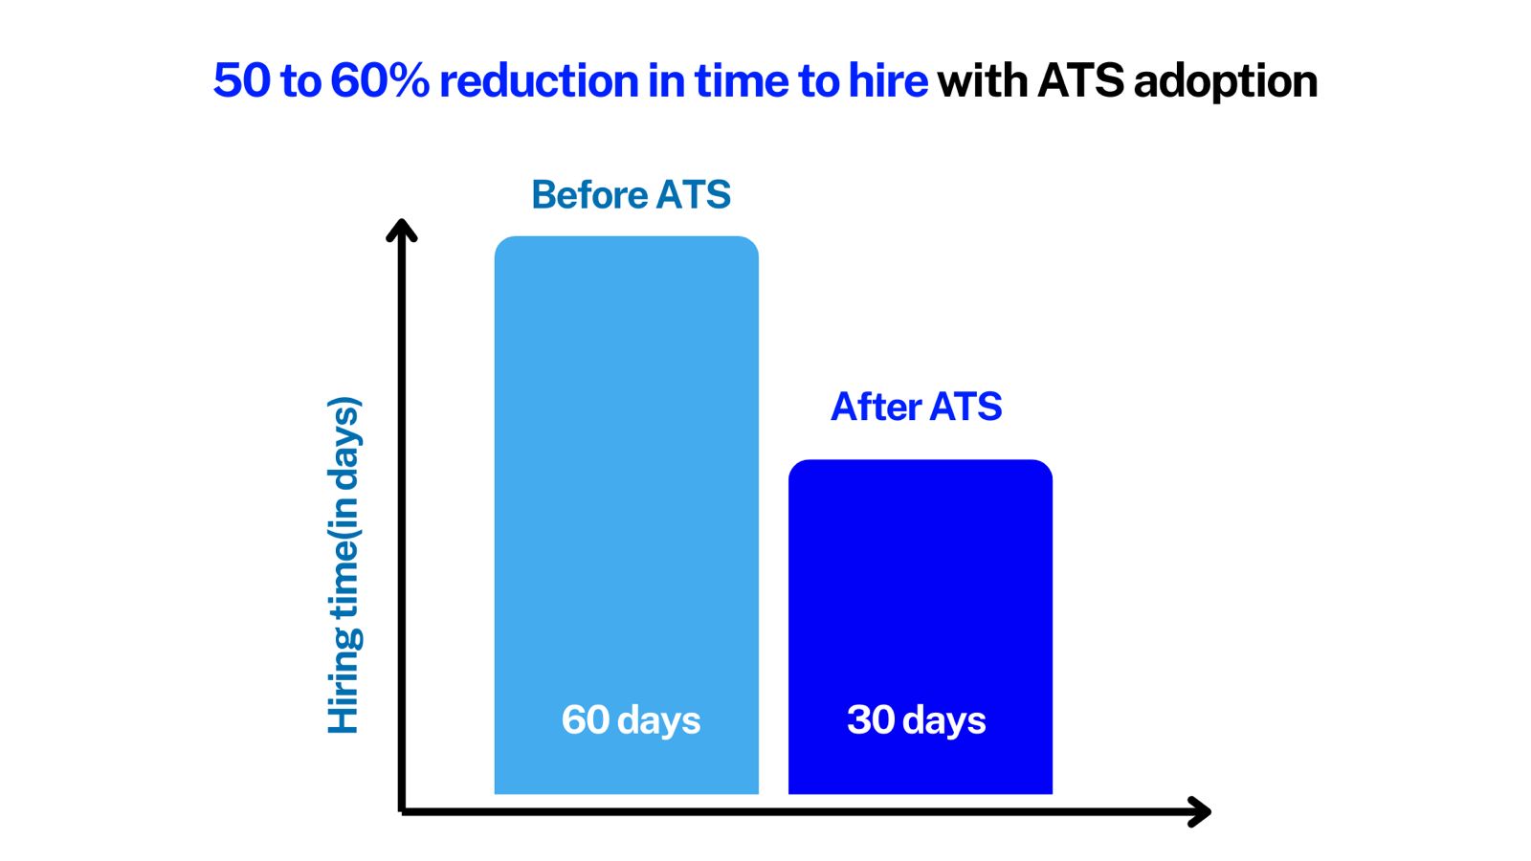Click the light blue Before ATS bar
tap(626, 516)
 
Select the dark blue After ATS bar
tap(920, 627)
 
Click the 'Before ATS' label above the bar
tap(631, 195)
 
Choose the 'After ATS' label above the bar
tap(916, 407)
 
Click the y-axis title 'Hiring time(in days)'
tap(344, 565)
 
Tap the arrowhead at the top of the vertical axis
tap(401, 230)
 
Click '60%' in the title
tap(380, 80)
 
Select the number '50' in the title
tap(241, 80)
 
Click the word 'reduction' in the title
tap(539, 80)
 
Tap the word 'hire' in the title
tap(888, 80)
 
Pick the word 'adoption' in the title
tap(1226, 83)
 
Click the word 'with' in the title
tap(982, 80)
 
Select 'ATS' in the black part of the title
tap(1080, 80)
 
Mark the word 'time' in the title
tap(742, 80)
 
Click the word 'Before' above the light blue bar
tap(589, 195)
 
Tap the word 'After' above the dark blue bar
tap(876, 407)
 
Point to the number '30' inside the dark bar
tap(870, 719)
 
